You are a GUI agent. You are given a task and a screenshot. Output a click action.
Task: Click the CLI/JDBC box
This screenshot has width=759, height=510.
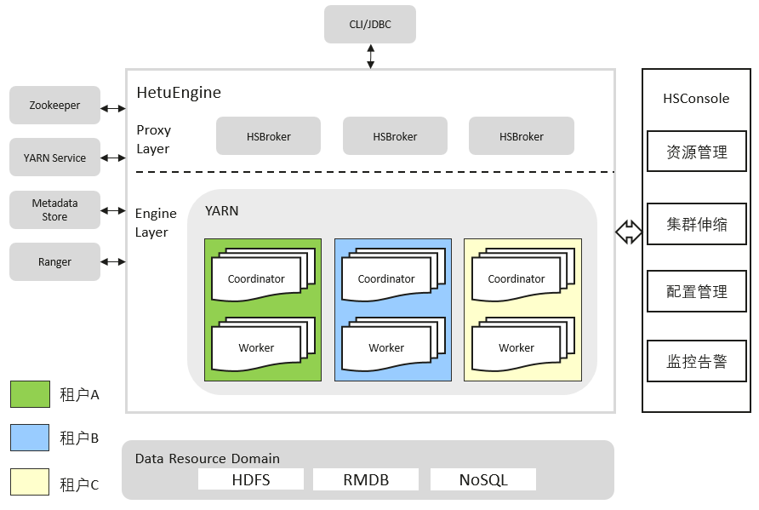pyautogui.click(x=370, y=24)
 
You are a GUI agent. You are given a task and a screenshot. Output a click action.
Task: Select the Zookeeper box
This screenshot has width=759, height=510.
pyautogui.click(x=54, y=106)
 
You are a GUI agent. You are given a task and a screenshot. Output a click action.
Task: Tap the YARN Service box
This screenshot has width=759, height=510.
pyautogui.click(x=54, y=158)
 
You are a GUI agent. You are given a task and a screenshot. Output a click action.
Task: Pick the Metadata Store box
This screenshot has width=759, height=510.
pyautogui.click(x=54, y=210)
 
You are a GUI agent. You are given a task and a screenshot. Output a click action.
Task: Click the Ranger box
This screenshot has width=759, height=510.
pyautogui.click(x=54, y=262)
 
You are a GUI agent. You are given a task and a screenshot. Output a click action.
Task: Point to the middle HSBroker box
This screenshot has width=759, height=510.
pyautogui.click(x=395, y=136)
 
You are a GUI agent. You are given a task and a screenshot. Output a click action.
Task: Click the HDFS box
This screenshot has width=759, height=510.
pyautogui.click(x=251, y=479)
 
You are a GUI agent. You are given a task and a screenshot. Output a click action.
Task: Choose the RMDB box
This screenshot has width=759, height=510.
pyautogui.click(x=366, y=479)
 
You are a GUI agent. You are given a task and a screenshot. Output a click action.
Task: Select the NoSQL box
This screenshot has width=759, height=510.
pyautogui.click(x=483, y=479)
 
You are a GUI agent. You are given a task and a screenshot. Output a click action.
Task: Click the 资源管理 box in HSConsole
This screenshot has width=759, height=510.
pyautogui.click(x=697, y=152)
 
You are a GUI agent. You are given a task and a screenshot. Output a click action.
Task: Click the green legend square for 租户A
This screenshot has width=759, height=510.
pyautogui.click(x=30, y=394)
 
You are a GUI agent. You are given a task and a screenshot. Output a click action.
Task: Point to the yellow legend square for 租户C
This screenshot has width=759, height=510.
pyautogui.click(x=30, y=482)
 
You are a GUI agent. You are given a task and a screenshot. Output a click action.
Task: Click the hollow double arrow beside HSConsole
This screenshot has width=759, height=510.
pyautogui.click(x=629, y=232)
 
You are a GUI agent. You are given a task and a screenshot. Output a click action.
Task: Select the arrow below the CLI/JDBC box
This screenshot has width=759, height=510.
pyautogui.click(x=370, y=56)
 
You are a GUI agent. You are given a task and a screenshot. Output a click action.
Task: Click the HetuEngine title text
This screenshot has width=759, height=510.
pyautogui.click(x=179, y=92)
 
